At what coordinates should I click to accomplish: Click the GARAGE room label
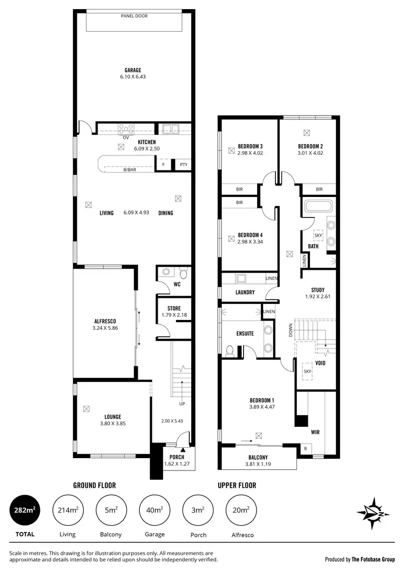point(133,70)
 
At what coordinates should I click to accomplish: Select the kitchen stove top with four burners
point(126,128)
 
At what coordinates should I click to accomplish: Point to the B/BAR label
point(130,170)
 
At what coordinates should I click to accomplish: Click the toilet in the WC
point(166,273)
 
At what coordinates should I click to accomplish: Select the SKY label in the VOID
point(307,372)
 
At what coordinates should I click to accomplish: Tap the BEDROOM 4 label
point(250,235)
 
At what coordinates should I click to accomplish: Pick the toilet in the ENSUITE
point(230,351)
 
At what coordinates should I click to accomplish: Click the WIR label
point(315,432)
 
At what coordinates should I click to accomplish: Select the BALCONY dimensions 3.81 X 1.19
point(256,462)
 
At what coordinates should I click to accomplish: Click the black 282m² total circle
point(25,510)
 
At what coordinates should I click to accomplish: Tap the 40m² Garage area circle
point(152,510)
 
